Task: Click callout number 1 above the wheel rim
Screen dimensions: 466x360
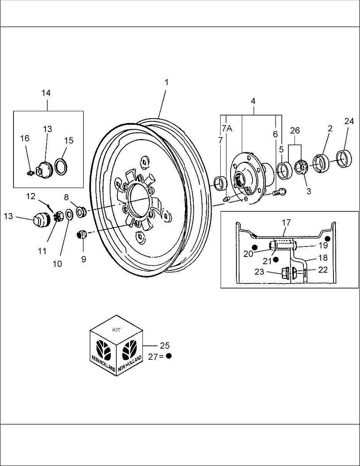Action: (166, 82)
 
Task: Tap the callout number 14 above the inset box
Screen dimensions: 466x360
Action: (46, 93)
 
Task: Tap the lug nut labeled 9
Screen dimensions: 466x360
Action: (82, 235)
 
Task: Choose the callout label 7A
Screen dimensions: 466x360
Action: (227, 128)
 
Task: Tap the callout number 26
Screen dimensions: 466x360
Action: (295, 131)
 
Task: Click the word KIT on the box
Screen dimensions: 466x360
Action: (116, 330)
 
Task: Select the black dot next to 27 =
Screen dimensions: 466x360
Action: (169, 356)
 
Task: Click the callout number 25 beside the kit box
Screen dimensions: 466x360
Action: (164, 345)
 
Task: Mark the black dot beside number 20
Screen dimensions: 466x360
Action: (254, 246)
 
